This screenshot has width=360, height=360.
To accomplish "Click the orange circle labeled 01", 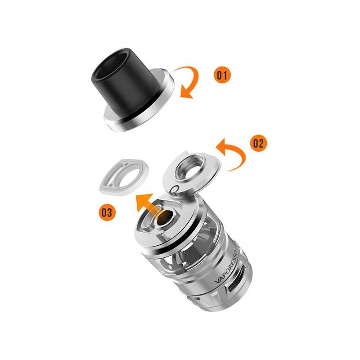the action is [x=222, y=75].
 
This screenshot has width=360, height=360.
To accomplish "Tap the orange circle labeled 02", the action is [x=258, y=143].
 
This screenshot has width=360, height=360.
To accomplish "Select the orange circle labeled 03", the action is [x=107, y=212].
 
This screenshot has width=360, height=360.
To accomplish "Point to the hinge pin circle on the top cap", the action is [x=175, y=190].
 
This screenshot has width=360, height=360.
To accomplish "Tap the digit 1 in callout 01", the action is [x=225, y=75].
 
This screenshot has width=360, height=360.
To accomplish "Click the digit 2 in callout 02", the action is [x=261, y=143].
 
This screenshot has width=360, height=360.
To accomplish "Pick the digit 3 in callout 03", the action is [x=110, y=212].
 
